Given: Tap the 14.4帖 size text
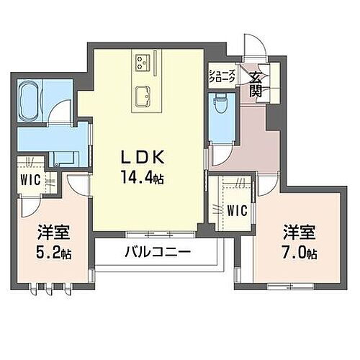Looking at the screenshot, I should click(147, 177).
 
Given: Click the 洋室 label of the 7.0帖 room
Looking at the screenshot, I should click(300, 233).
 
